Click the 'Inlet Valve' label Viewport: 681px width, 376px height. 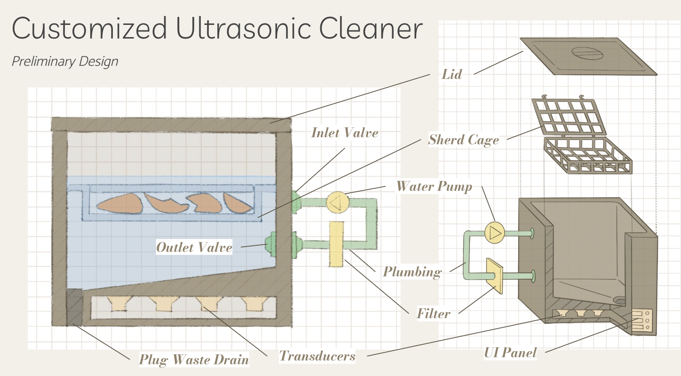(345, 133)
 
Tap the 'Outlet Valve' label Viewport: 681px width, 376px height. (194, 247)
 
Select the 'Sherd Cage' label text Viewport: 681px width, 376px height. (463, 140)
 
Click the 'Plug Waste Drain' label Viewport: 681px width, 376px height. (194, 360)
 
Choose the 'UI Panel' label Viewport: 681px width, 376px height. (510, 352)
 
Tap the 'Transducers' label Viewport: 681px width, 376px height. (317, 356)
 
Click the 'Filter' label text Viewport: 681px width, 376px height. (434, 313)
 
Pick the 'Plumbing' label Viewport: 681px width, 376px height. (412, 272)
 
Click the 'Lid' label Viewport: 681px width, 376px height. (451, 74)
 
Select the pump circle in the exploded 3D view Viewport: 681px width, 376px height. (494, 232)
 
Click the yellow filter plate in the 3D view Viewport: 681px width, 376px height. (494, 275)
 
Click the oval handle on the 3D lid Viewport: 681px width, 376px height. (586, 55)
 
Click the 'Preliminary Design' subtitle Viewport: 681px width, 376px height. (65, 61)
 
